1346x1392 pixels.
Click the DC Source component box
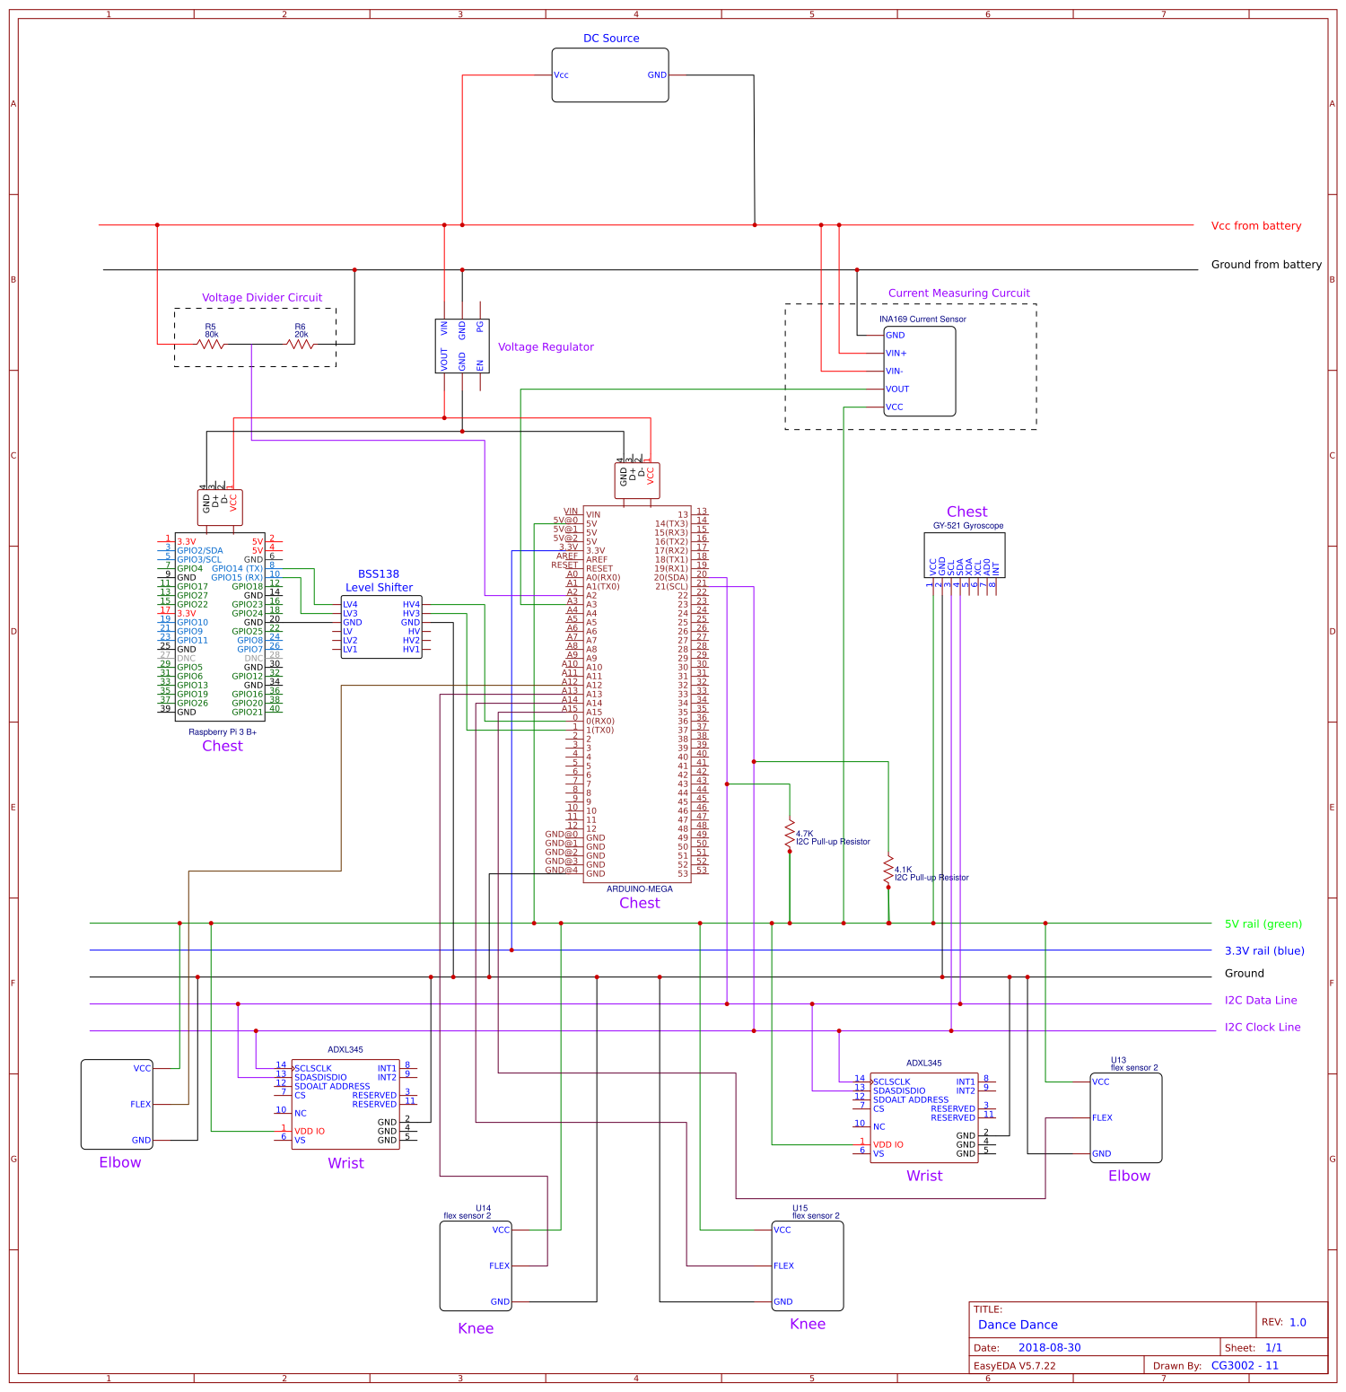click(609, 75)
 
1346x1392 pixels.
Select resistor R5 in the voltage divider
click(211, 343)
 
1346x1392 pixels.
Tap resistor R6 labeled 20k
click(301, 343)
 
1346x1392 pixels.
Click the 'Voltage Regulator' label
click(546, 347)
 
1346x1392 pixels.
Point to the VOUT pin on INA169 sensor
click(897, 390)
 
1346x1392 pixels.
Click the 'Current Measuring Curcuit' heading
click(958, 293)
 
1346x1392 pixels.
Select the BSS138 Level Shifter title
click(379, 581)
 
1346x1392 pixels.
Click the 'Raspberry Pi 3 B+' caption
click(223, 732)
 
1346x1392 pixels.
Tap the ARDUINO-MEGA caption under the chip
click(639, 889)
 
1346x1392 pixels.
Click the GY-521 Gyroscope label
click(967, 526)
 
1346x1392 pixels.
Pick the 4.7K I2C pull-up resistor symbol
click(790, 834)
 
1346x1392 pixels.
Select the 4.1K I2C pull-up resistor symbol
click(888, 869)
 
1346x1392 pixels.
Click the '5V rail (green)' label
click(1263, 924)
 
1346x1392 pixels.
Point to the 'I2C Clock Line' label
click(1262, 1028)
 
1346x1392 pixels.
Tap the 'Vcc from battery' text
click(1255, 226)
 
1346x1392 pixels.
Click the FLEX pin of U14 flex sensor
click(499, 1266)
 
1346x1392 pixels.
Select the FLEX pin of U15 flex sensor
click(783, 1266)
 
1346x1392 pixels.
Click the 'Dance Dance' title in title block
click(1018, 1325)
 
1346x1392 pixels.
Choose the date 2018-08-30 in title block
click(1049, 1348)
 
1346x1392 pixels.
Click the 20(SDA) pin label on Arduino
click(670, 578)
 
